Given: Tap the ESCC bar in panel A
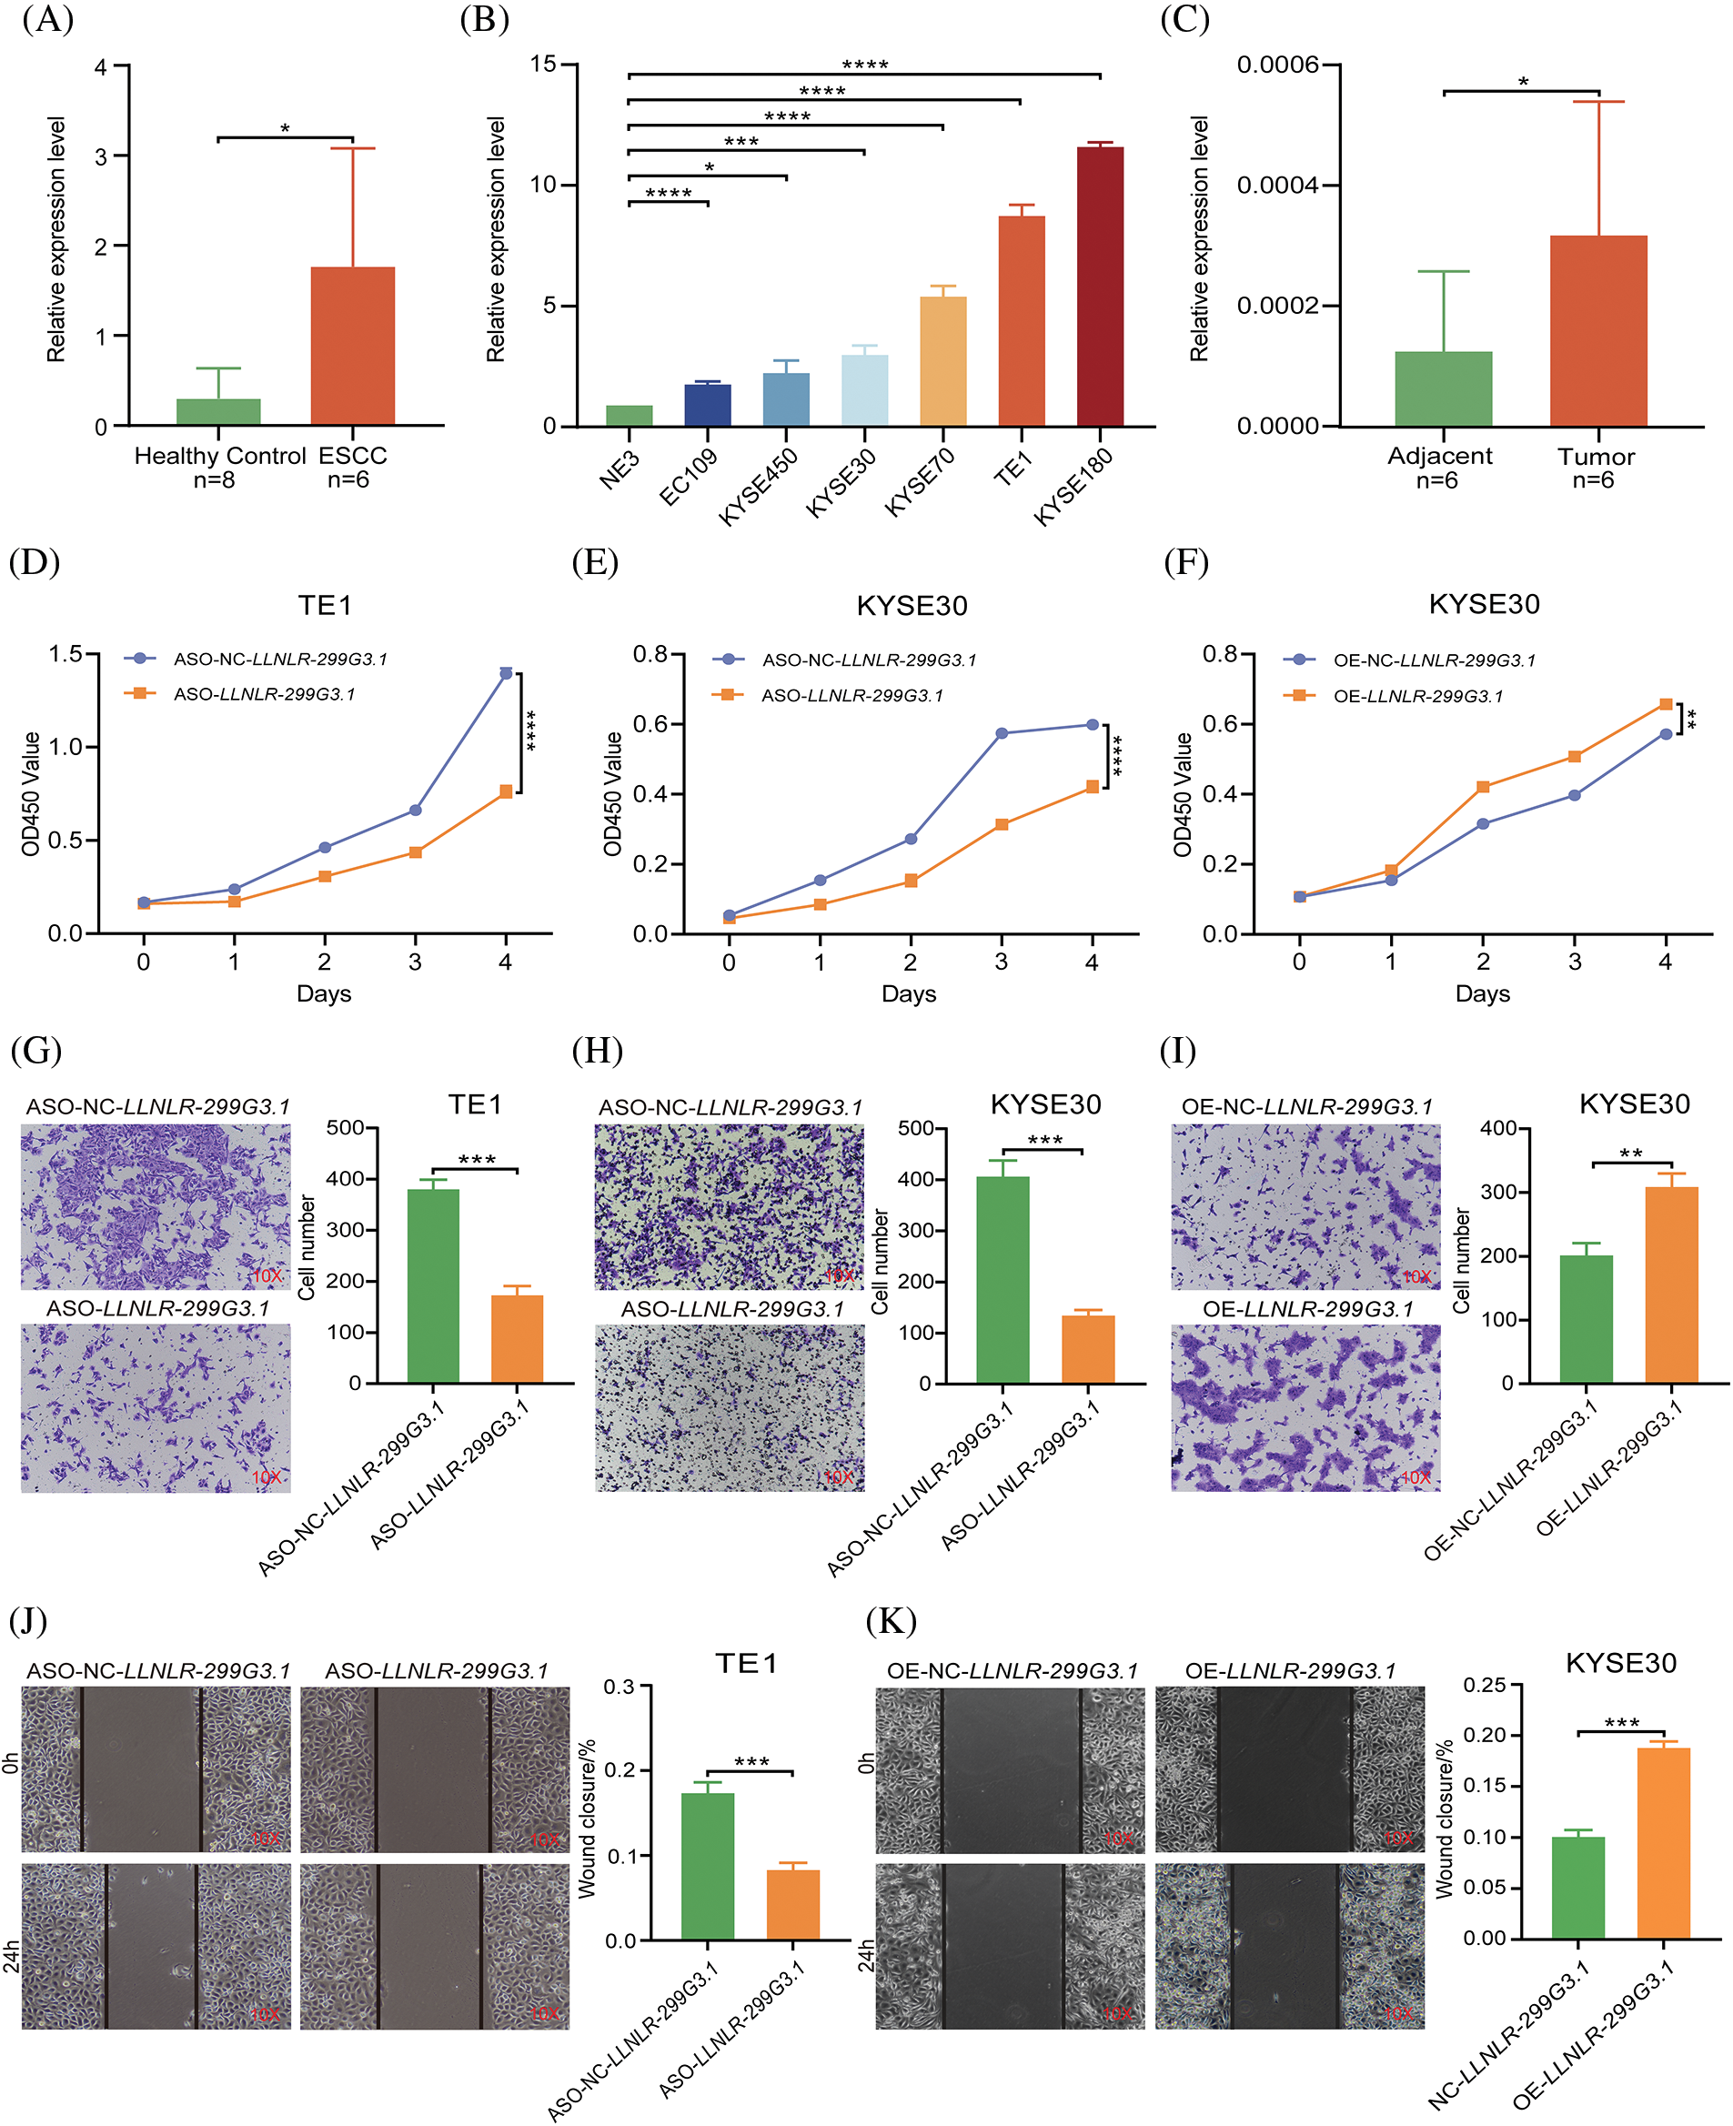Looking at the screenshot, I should point(352,346).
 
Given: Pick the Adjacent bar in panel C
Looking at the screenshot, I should point(1443,388).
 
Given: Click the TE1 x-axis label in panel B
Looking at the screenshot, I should point(1013,467).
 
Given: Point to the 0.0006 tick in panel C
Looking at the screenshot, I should point(1277,65).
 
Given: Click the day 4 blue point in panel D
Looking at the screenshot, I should point(506,674).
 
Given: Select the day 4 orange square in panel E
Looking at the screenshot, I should point(1093,787).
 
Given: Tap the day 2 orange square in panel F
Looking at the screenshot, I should point(1483,787).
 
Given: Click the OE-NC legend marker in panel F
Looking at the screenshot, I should point(1299,660).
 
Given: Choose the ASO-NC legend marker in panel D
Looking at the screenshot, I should point(140,659).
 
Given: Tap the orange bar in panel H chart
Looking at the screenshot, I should point(1087,1348).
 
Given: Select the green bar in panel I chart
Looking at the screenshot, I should point(1586,1318).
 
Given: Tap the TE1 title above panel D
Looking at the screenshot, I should point(325,605).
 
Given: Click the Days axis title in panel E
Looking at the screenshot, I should point(909,993).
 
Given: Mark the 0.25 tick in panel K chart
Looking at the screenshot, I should point(1485,1686).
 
